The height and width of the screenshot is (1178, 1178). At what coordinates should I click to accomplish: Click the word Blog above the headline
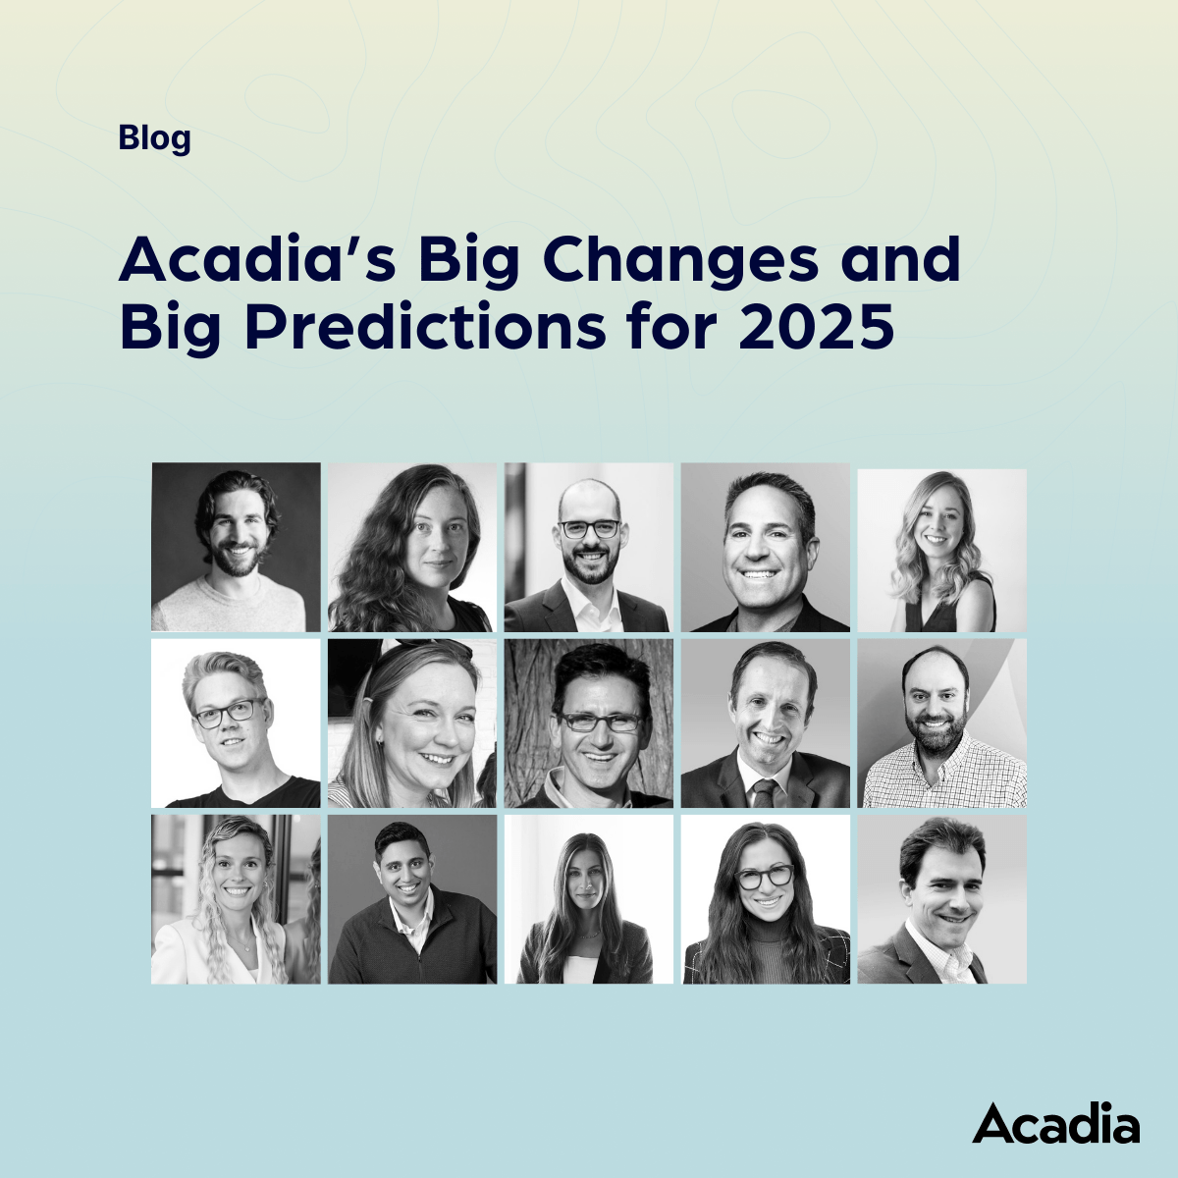155,138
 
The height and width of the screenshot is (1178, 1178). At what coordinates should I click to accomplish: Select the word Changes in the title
680,261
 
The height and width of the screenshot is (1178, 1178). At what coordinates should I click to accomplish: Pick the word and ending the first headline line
900,258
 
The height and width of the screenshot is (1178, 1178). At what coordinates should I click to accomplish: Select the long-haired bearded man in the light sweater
236,547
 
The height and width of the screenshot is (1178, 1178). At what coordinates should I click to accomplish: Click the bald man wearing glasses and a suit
589,547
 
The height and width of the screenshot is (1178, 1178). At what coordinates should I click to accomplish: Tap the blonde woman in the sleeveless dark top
942,550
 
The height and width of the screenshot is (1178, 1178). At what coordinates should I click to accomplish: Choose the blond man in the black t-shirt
236,723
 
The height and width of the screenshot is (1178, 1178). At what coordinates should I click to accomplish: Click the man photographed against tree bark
589,723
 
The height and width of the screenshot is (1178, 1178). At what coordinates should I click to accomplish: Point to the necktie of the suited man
764,792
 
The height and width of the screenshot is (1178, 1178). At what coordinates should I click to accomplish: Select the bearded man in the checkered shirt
942,723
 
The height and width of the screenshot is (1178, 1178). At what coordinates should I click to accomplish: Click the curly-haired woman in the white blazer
236,899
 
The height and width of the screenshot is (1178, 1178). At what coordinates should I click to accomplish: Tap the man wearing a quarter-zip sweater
412,899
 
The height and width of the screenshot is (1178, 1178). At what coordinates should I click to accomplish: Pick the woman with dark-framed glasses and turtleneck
766,899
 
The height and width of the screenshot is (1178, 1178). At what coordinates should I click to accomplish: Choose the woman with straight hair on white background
589,899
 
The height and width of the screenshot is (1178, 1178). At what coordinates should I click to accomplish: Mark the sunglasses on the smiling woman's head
428,648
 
